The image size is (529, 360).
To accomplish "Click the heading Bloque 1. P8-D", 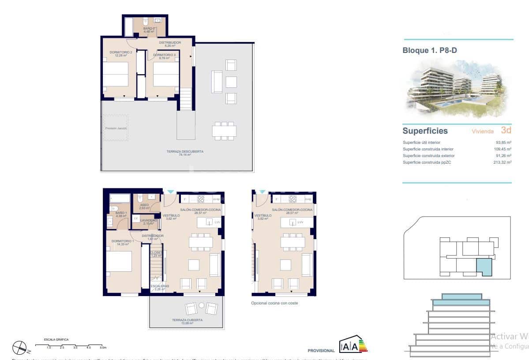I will [x=429, y=51].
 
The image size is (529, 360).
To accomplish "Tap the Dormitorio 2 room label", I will [x=121, y=54].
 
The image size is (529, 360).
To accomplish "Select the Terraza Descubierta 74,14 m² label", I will [x=185, y=153].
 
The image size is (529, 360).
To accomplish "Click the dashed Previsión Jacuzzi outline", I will [x=116, y=128].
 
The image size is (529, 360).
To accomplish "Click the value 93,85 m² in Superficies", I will [x=503, y=142].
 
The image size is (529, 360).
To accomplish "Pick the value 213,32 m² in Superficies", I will [x=503, y=162].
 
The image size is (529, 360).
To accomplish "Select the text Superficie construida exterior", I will [x=428, y=156].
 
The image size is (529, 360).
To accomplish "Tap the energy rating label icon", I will [x=353, y=346].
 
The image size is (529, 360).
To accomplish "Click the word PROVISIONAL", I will [x=321, y=351].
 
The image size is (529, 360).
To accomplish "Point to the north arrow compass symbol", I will [x=20, y=348].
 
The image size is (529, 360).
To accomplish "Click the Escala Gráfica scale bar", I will [x=75, y=346].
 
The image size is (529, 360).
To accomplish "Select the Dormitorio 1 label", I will [x=122, y=242].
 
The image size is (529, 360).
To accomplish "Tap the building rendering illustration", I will [x=457, y=88].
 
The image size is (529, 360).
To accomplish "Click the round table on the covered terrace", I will [x=202, y=305].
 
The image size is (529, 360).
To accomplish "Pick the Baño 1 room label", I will [x=121, y=214].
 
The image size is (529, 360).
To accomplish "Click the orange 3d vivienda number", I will [x=506, y=130].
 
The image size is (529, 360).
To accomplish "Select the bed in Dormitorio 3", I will [x=165, y=74].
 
